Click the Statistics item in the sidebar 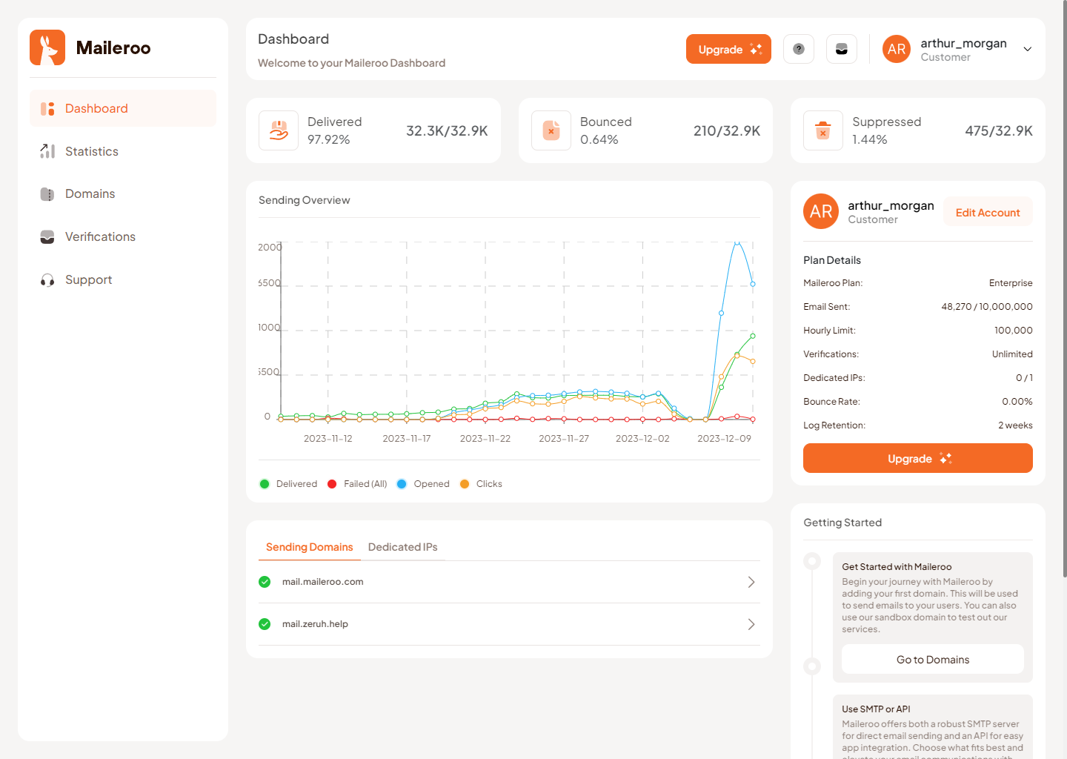point(91,151)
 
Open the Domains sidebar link point(90,194)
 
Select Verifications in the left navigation point(100,237)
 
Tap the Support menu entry point(88,280)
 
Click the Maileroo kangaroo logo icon point(47,47)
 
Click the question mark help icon point(799,49)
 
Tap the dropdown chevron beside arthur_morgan point(1028,50)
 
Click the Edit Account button point(987,213)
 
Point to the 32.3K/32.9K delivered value point(446,131)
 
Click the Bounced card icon point(551,130)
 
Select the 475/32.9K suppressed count point(998,131)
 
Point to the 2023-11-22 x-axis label point(485,439)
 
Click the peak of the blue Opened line point(737,242)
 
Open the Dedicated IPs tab point(402,547)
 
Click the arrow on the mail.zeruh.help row point(751,624)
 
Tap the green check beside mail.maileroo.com point(265,582)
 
